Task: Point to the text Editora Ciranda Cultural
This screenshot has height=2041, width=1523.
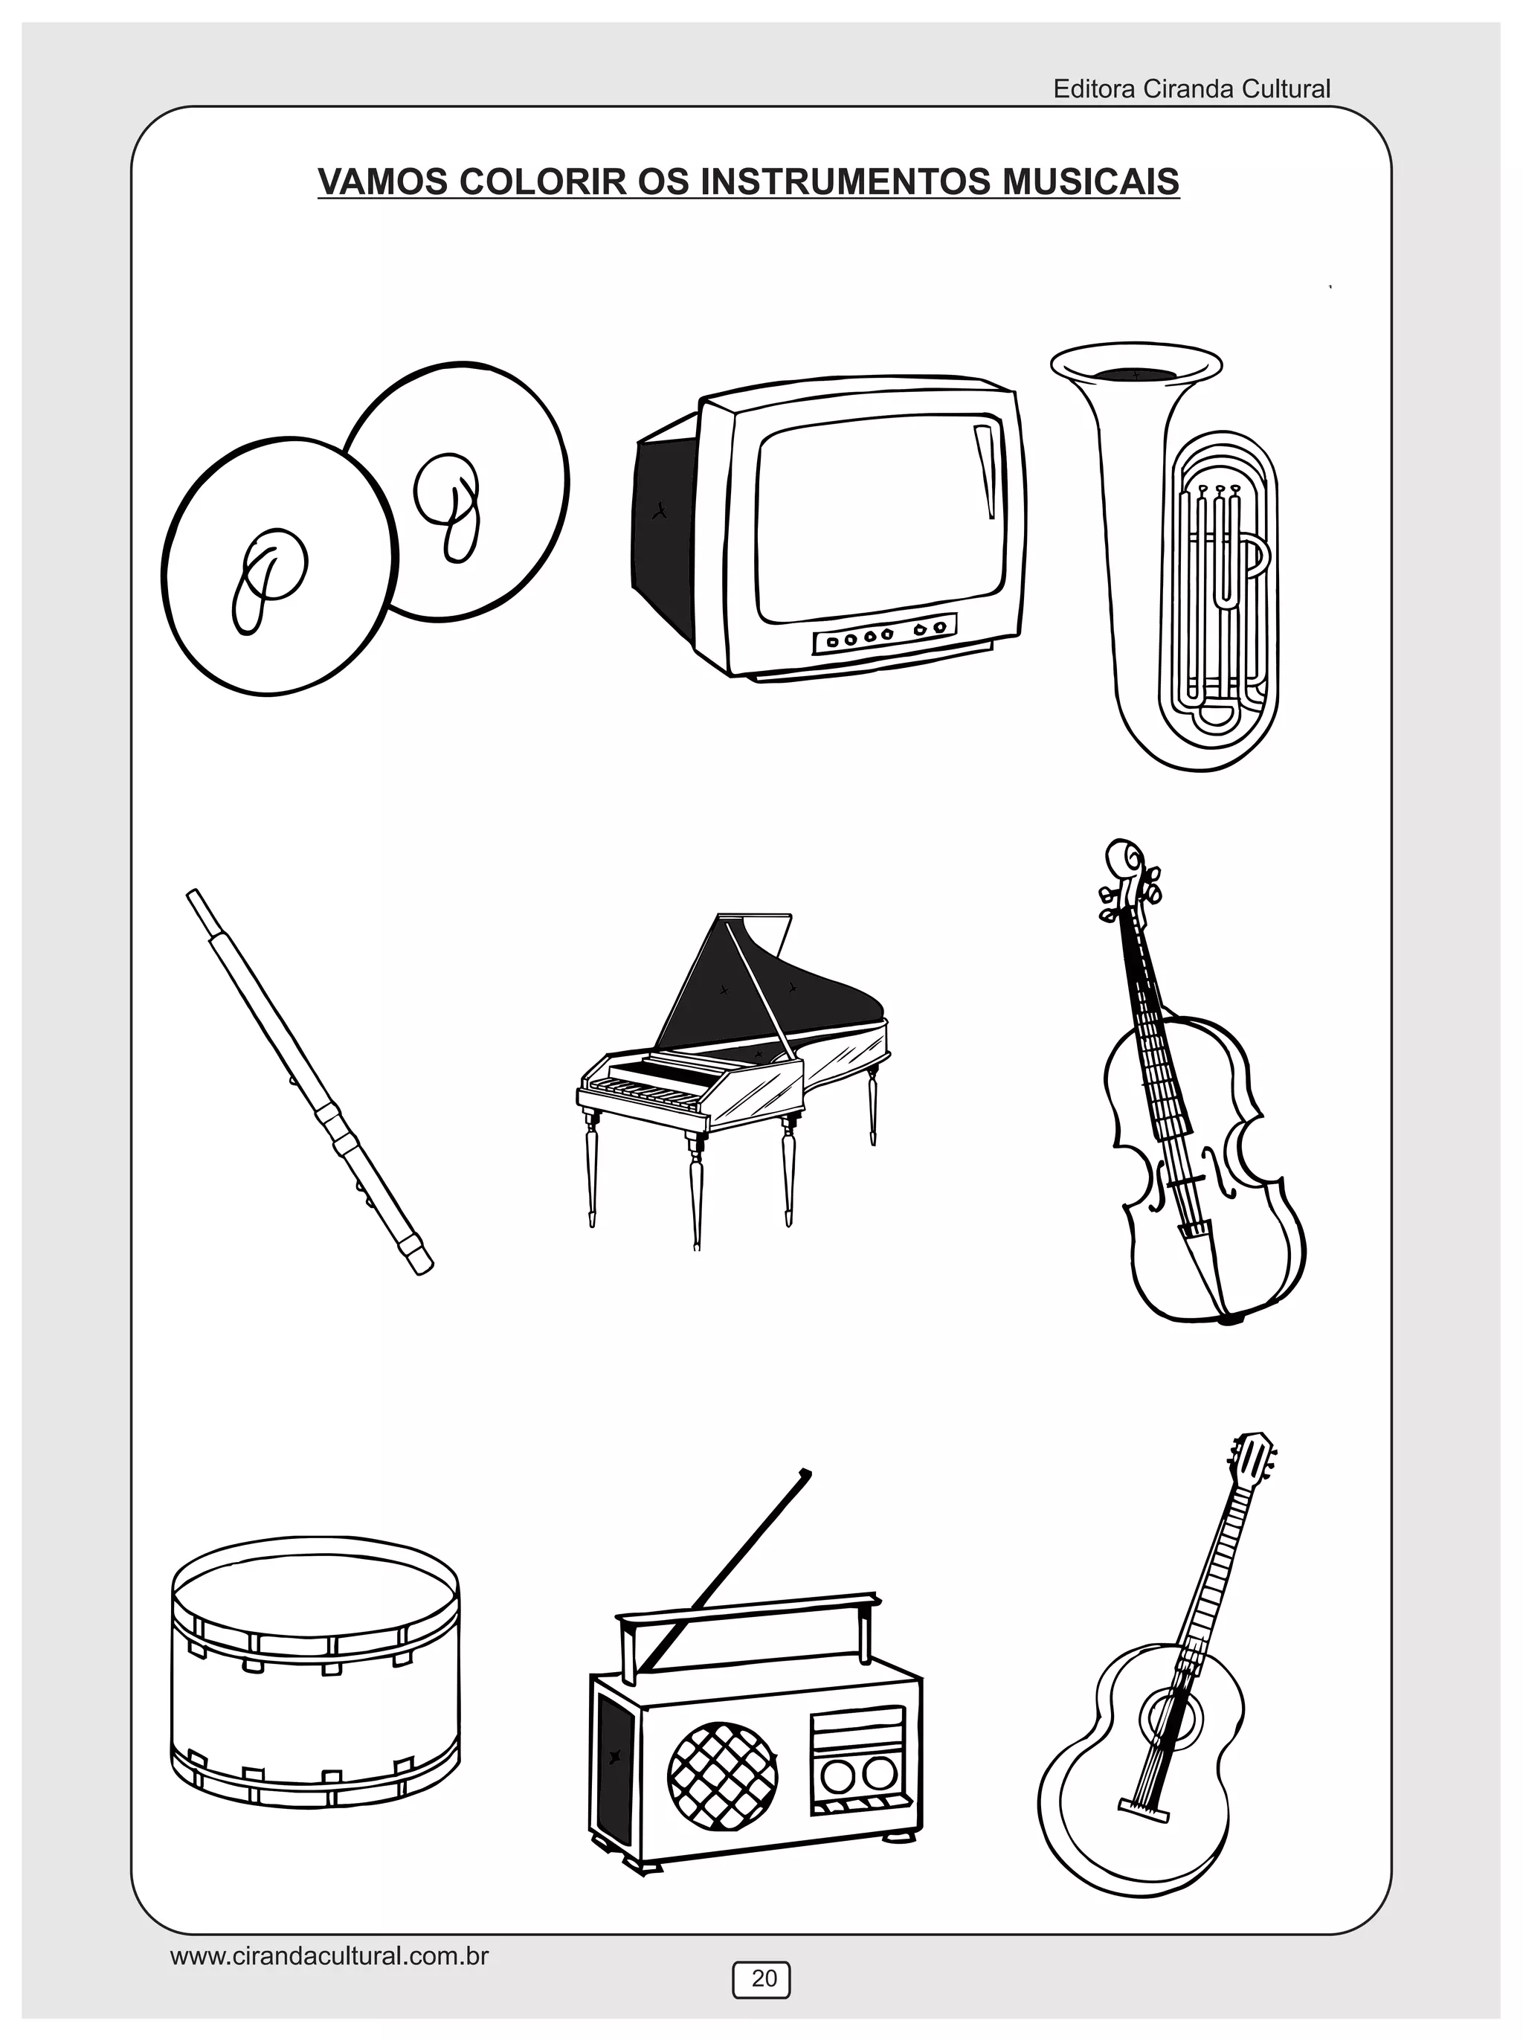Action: [x=1191, y=89]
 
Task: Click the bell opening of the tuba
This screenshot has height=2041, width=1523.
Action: [x=1136, y=370]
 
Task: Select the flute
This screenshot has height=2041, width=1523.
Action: [x=310, y=1081]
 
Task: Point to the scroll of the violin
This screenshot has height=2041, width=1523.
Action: [x=1124, y=858]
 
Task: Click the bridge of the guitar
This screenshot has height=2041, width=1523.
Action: [x=1143, y=1810]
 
